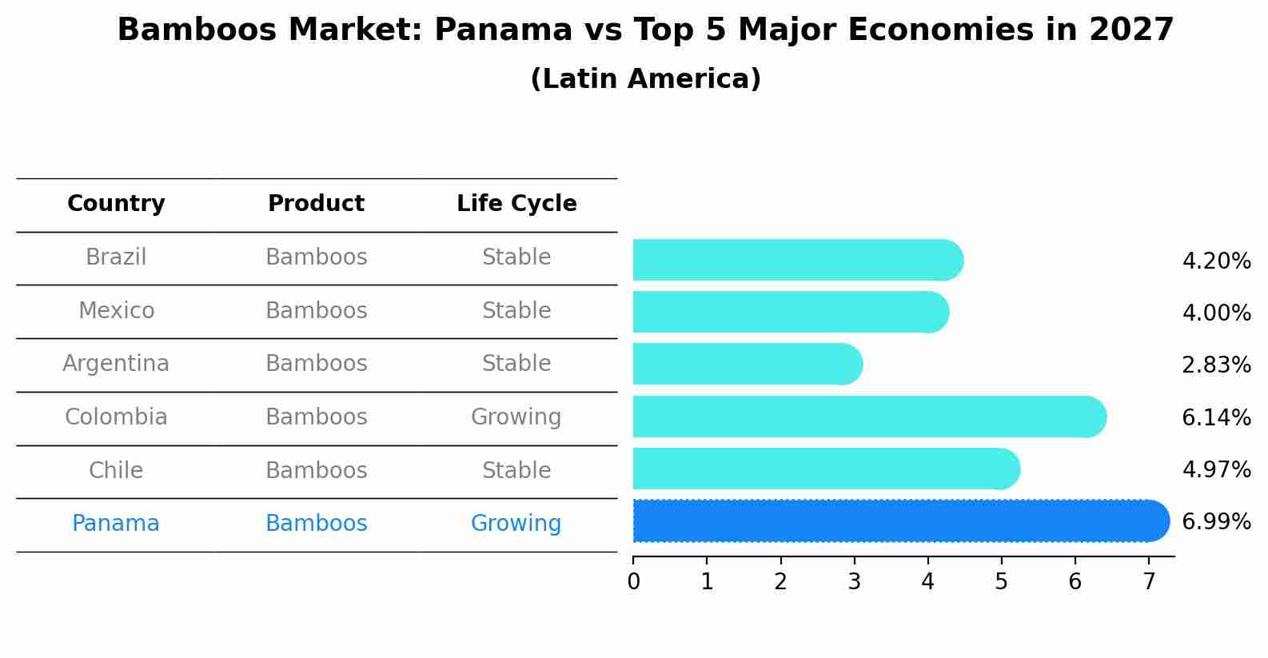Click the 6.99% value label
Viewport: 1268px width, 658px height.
[x=1216, y=522]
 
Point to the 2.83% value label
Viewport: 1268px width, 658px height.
[x=1216, y=365]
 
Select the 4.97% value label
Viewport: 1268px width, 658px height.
[x=1216, y=469]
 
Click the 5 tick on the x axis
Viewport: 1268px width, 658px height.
[x=1001, y=582]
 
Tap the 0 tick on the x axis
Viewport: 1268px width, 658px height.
[x=633, y=582]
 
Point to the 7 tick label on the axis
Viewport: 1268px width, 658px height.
[x=1149, y=582]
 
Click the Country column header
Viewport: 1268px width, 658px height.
[x=116, y=204]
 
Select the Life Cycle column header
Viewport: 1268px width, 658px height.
[x=516, y=204]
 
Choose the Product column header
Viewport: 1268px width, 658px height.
[x=316, y=204]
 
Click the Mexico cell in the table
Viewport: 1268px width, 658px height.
[x=116, y=311]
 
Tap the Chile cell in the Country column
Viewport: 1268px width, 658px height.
[x=116, y=470]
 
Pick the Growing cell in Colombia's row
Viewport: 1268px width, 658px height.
[x=516, y=417]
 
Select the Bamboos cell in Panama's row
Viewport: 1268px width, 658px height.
[x=316, y=524]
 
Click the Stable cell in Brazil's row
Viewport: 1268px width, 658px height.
[x=516, y=257]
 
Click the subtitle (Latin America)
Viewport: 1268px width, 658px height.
[x=645, y=79]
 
